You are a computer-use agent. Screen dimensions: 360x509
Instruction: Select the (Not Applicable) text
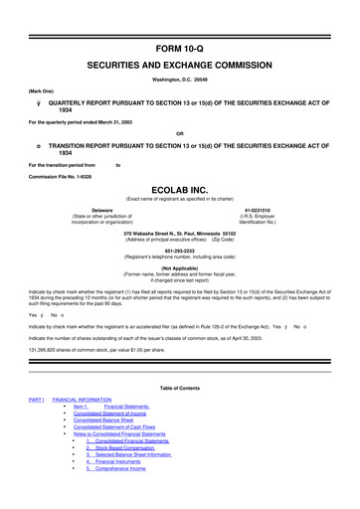pos(180,267)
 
